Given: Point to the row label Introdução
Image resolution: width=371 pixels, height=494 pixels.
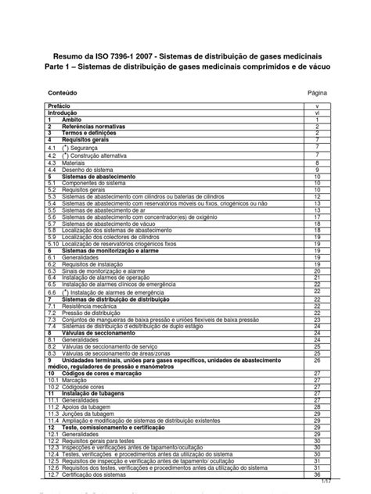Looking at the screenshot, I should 66,112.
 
